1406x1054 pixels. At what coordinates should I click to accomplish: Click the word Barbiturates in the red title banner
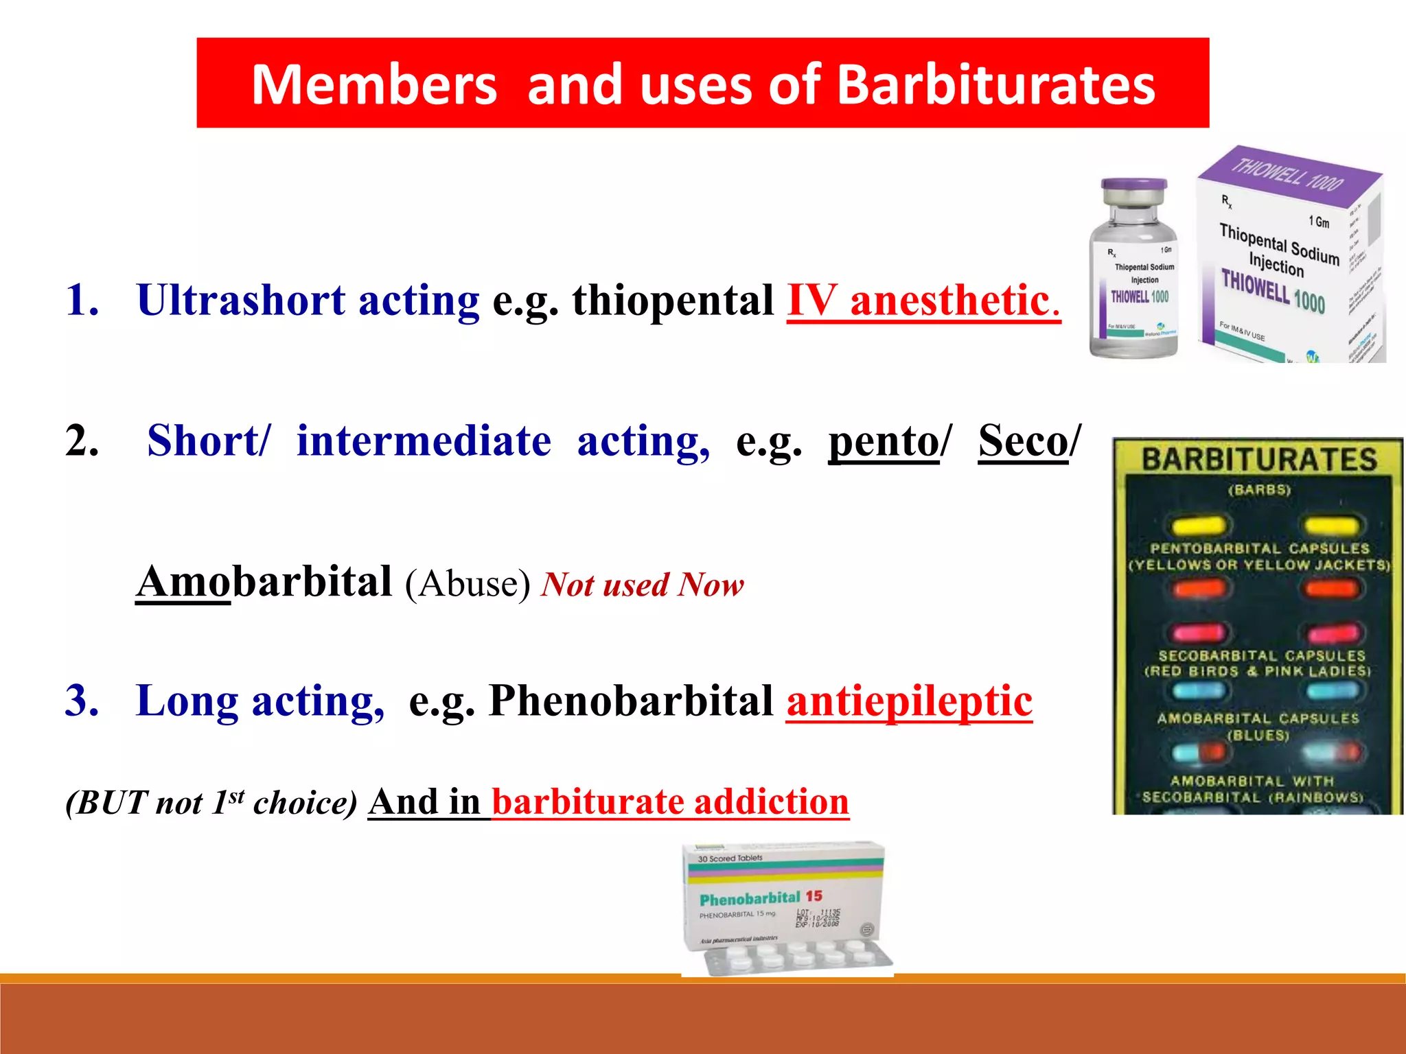(996, 86)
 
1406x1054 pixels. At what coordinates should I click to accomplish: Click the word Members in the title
(374, 86)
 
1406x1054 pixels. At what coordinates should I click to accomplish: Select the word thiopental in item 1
(673, 301)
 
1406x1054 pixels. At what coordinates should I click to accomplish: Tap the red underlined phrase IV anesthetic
(923, 301)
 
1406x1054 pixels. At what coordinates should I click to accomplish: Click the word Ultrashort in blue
(240, 301)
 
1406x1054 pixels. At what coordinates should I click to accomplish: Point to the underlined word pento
(884, 441)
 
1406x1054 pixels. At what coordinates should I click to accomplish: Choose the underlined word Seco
(1024, 441)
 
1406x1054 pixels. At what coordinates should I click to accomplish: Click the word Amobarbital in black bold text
(264, 582)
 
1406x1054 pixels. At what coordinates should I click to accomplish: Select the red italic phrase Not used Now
(643, 585)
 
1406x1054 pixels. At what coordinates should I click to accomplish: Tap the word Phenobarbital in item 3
(632, 701)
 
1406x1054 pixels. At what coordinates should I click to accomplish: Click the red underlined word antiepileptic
(910, 701)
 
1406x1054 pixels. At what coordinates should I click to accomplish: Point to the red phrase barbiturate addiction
(671, 801)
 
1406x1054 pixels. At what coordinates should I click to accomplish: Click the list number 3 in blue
(82, 701)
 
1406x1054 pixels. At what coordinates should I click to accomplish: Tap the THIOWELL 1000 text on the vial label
(1140, 296)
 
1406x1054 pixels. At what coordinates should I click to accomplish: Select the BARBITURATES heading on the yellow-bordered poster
(1259, 459)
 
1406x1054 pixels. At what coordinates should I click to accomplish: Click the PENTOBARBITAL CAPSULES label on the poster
(1259, 548)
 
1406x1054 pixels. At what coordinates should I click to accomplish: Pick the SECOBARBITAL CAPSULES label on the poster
(1262, 655)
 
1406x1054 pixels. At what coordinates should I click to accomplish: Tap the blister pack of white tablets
(796, 957)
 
